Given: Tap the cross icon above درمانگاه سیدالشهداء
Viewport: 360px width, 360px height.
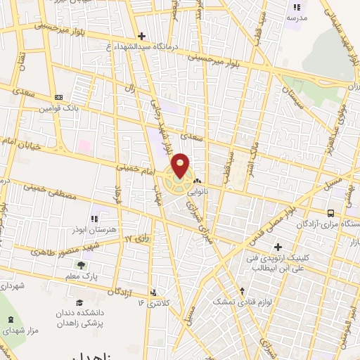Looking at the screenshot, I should (142, 36).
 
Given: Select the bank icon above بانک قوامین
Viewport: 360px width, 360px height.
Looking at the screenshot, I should (58, 97).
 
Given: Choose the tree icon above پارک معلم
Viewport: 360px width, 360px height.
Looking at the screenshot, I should (82, 265).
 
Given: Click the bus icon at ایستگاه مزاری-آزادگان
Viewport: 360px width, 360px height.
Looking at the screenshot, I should (330, 212).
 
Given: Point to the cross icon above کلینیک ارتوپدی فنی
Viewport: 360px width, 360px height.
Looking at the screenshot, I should (278, 247).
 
